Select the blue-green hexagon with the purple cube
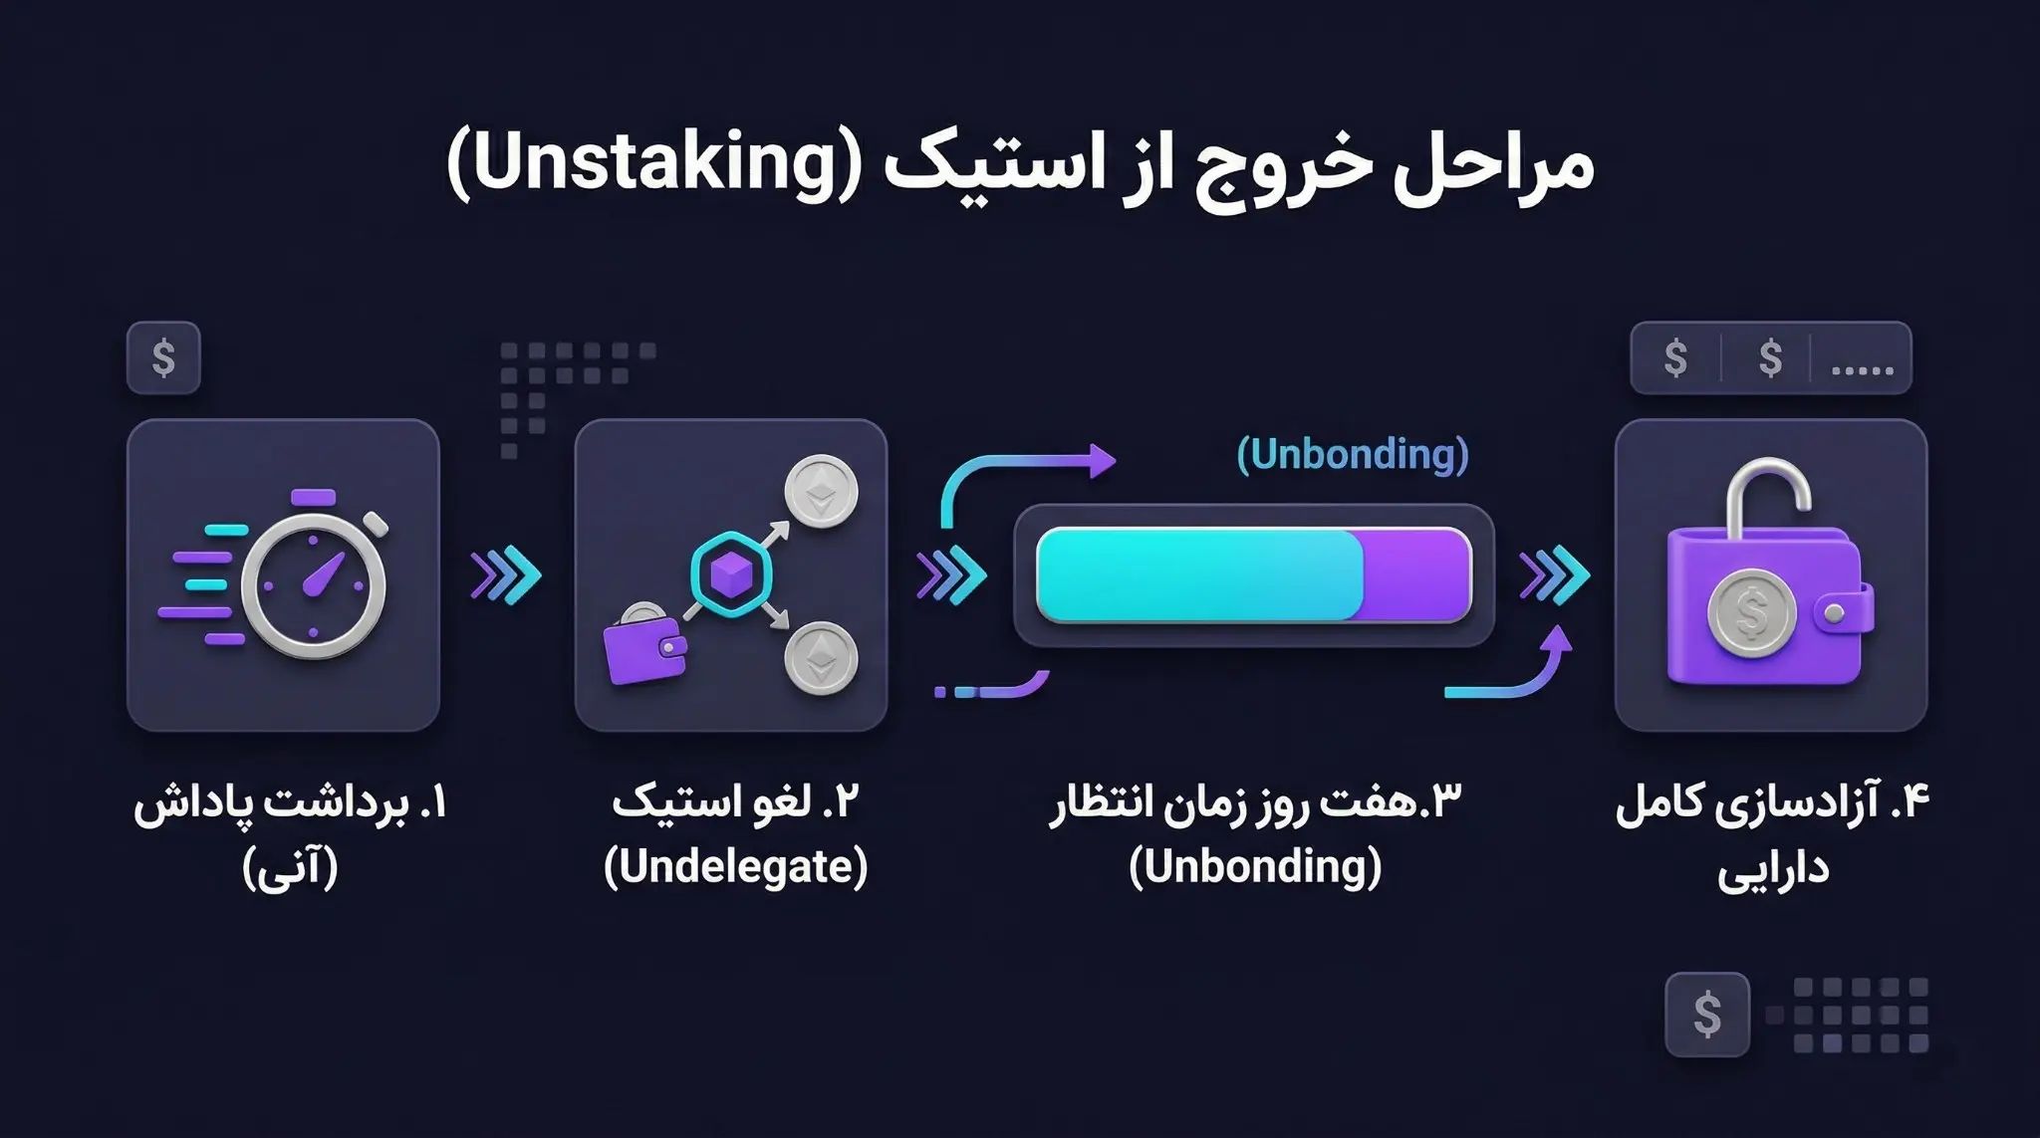[x=730, y=574]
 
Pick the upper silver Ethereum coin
[x=821, y=492]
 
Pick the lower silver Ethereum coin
[x=821, y=658]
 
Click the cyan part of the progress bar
[x=1198, y=575]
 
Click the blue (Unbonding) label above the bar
[x=1352, y=454]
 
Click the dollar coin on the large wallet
[x=1751, y=616]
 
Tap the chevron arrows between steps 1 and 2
[x=505, y=575]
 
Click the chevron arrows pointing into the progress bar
[x=950, y=575]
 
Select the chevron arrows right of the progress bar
[x=1554, y=575]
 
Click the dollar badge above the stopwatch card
[x=164, y=357]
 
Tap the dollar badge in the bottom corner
[x=1707, y=1015]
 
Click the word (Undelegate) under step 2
[x=735, y=867]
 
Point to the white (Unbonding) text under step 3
[x=1255, y=867]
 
